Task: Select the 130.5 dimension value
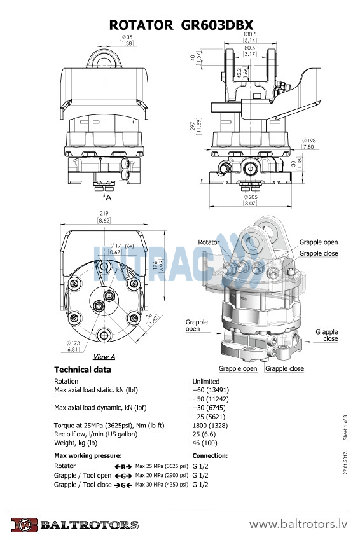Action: [x=250, y=34]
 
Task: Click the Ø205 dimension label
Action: [x=250, y=197]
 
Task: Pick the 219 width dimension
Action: [x=104, y=213]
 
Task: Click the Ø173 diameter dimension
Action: [x=73, y=343]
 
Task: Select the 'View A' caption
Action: [x=104, y=357]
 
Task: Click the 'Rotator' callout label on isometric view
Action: [x=209, y=242]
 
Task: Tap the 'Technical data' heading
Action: [x=83, y=370]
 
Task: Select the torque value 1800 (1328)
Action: [x=210, y=426]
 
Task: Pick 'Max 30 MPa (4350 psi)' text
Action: [x=162, y=485]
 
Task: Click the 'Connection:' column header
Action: [x=210, y=456]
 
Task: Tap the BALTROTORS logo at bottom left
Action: [x=74, y=525]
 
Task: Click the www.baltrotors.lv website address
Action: [x=299, y=524]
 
